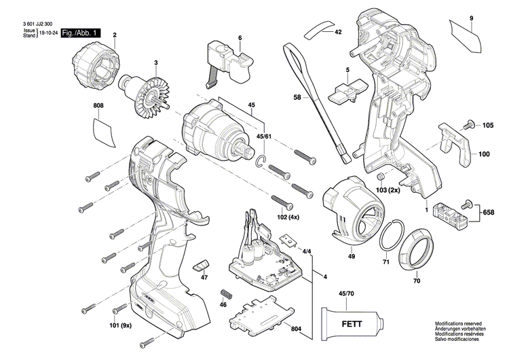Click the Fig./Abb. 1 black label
click(80, 33)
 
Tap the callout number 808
click(99, 107)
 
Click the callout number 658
click(489, 212)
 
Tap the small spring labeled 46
click(227, 296)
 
